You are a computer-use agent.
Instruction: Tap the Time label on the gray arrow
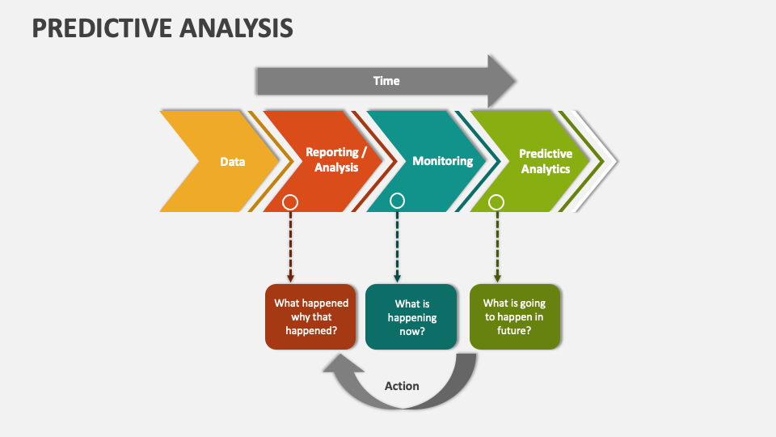coord(386,81)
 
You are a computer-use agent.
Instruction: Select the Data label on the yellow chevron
coord(233,162)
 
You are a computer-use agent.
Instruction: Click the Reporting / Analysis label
coord(336,159)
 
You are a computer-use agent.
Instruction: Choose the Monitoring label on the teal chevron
coord(443,161)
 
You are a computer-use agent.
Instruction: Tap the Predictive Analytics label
coord(546,161)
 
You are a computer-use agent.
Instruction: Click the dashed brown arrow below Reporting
coord(290,247)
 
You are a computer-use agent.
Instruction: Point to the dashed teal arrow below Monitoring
coord(397,246)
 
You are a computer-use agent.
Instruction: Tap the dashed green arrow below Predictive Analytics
coord(497,247)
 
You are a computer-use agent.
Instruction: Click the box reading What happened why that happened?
coord(310,316)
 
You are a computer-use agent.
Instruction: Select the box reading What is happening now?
coord(411,316)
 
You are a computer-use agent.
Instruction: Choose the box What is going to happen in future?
coord(515,316)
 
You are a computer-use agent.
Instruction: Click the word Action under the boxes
coord(402,386)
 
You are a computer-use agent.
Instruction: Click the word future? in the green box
coord(514,330)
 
